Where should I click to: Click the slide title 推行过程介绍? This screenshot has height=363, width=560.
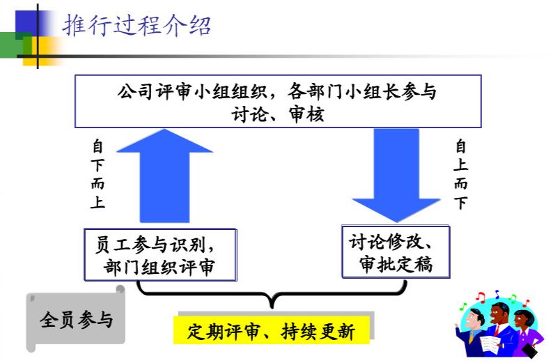coord(137,26)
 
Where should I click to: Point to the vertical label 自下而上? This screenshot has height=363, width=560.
coord(98,175)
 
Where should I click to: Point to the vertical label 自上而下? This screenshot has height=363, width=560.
coord(461,174)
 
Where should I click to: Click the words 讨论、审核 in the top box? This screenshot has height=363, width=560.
coord(278,114)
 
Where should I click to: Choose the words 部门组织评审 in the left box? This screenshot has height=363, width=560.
coord(160,268)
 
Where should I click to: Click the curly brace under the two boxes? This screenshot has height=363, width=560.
coord(272,296)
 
